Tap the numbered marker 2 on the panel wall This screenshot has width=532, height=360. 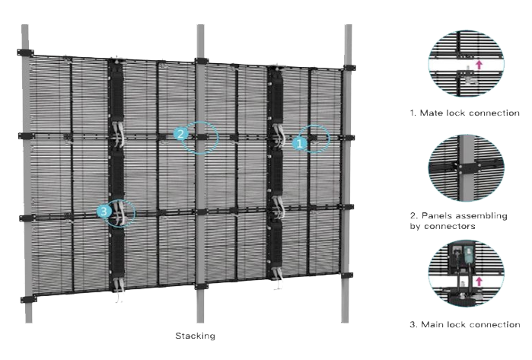180,134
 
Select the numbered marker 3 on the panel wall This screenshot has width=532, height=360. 105,211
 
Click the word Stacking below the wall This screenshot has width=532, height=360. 196,336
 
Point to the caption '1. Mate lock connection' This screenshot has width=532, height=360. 464,113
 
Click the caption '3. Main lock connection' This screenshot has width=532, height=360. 464,325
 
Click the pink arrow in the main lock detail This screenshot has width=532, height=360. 477,283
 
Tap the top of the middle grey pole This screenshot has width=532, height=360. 201,30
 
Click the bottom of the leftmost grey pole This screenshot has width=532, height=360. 26,316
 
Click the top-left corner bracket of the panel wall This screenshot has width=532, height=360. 22,53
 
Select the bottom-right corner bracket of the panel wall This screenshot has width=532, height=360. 347,274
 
